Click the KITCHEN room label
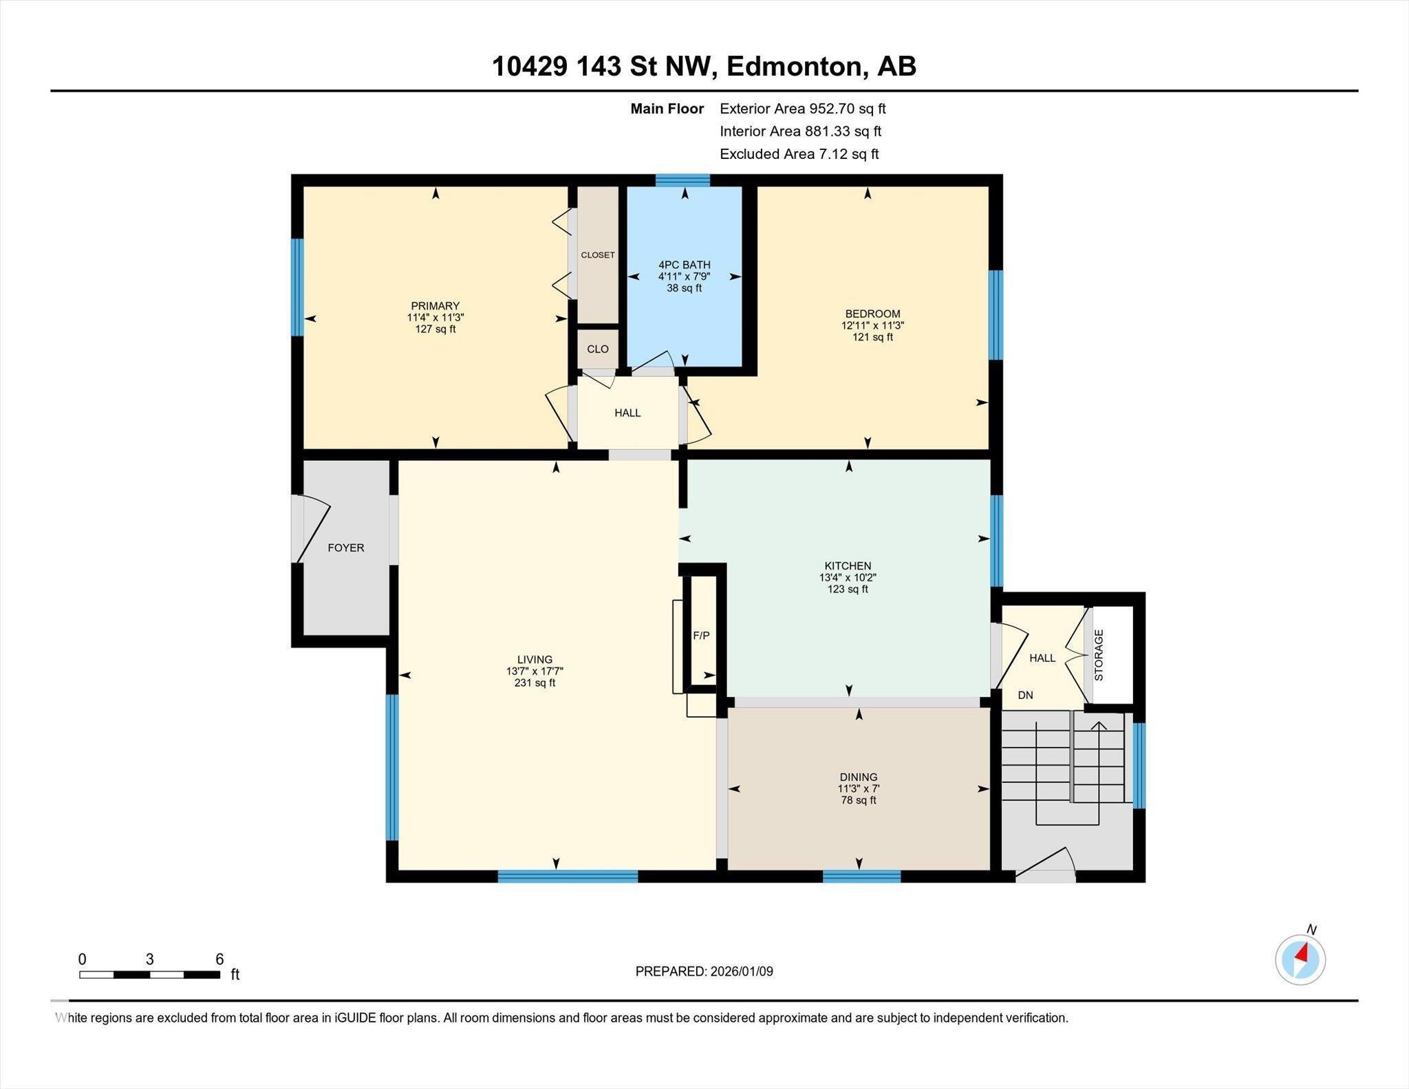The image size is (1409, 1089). (848, 565)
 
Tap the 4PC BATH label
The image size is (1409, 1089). (684, 265)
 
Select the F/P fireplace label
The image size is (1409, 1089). (701, 636)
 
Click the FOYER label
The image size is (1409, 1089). (345, 548)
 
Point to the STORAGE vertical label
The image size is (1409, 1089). (1099, 655)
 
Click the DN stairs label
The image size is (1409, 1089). (1025, 695)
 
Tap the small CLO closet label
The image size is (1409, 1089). (597, 349)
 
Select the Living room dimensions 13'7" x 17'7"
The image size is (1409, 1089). (535, 671)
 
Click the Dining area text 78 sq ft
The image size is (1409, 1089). (858, 800)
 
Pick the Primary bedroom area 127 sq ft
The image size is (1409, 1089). (435, 329)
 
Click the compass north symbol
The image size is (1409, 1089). (1300, 960)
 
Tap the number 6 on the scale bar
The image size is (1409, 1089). (219, 959)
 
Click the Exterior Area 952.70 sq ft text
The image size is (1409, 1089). (802, 109)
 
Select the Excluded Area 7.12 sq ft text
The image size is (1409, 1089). (799, 154)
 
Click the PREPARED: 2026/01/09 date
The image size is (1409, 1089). (704, 971)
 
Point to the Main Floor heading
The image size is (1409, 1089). (667, 109)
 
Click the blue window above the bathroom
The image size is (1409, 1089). (682, 180)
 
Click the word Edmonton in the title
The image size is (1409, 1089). (793, 67)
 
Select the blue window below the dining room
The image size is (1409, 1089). (861, 876)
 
